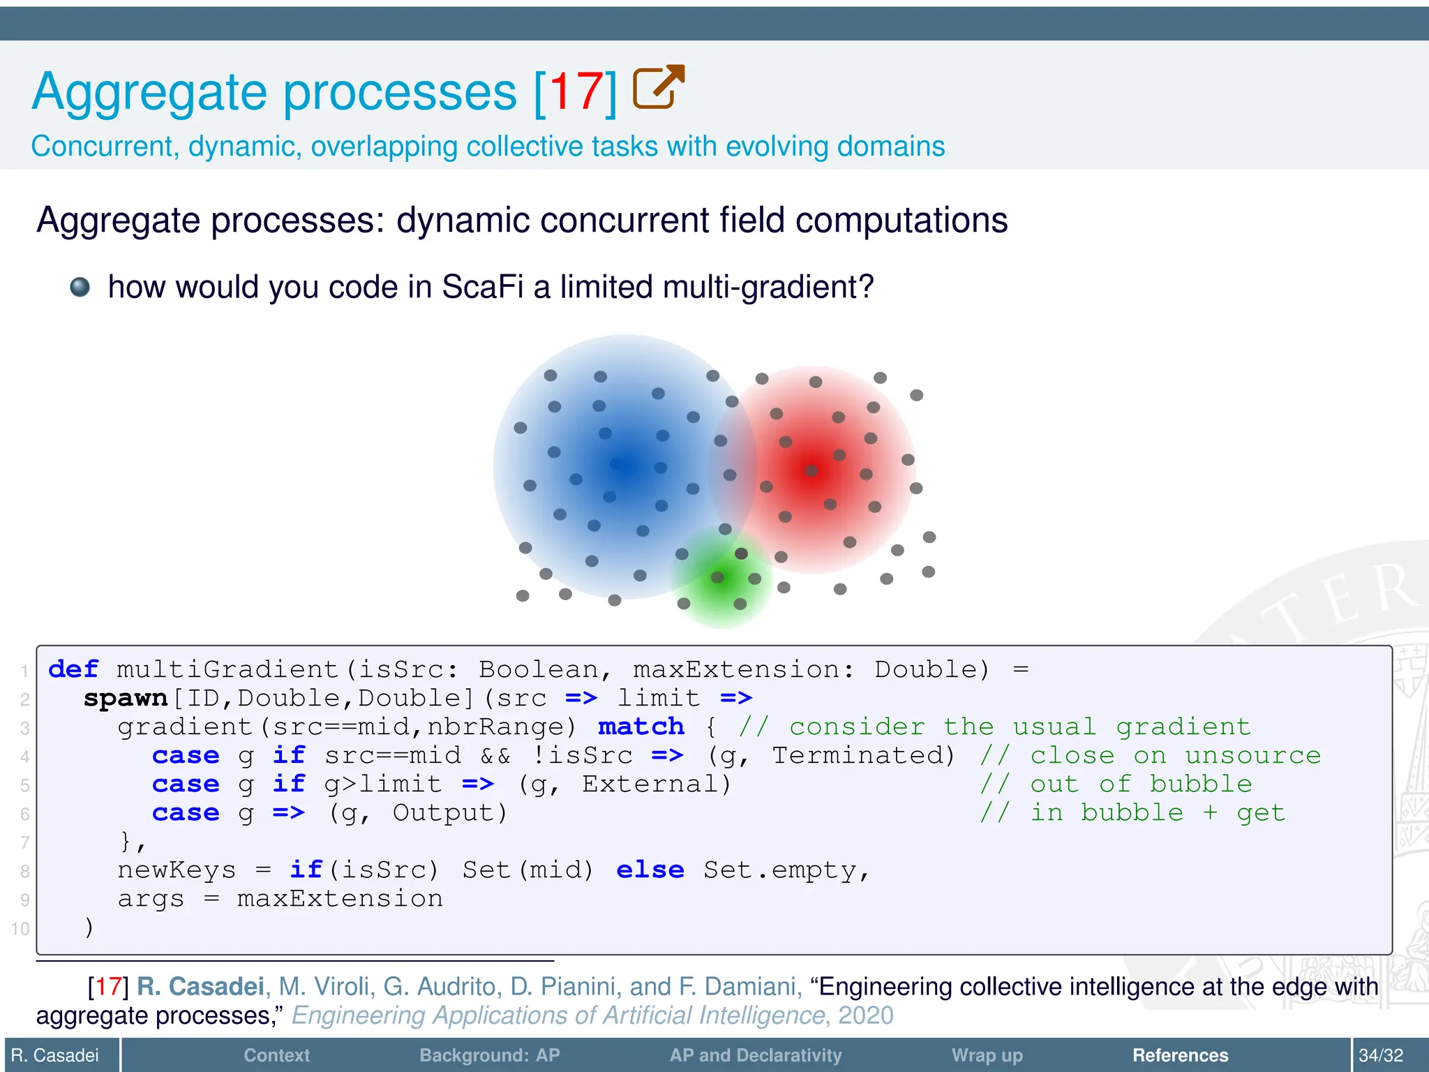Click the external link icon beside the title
tap(658, 87)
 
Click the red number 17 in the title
tap(576, 92)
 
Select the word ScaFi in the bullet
tap(482, 287)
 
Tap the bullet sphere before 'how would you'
tap(80, 287)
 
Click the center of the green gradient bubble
tap(721, 576)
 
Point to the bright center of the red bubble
tap(813, 470)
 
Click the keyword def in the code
tap(73, 669)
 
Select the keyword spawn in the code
tap(126, 698)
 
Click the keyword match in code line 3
tap(641, 727)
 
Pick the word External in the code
tap(656, 784)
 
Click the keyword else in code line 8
tap(650, 870)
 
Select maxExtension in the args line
tap(340, 898)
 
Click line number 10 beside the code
tap(20, 929)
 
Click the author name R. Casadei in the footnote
tap(200, 986)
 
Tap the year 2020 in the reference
tap(865, 1015)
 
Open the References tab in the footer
tap(1180, 1055)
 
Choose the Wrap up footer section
tap(987, 1055)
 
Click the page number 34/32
tap(1380, 1055)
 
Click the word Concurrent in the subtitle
tap(104, 147)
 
